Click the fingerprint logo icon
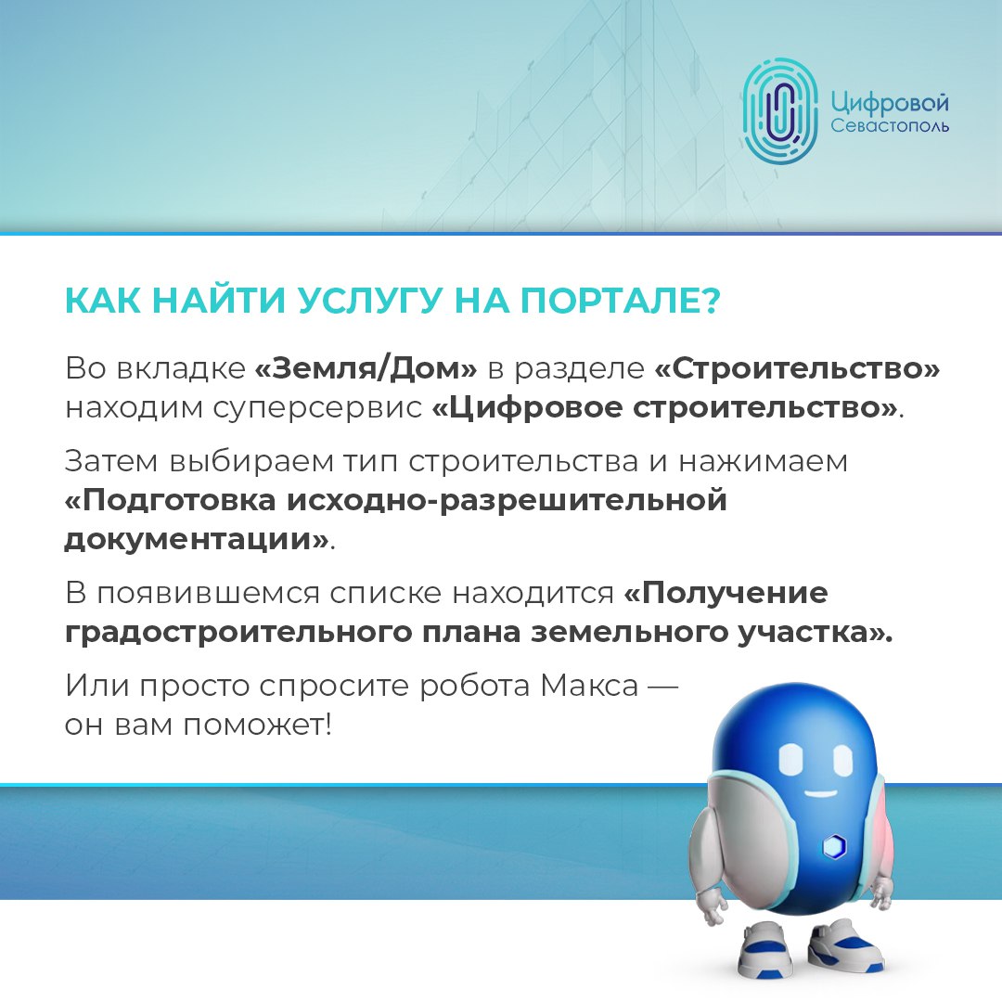point(780,110)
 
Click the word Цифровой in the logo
point(890,102)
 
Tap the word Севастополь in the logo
point(890,126)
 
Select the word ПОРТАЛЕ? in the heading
point(620,300)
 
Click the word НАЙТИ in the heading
point(219,300)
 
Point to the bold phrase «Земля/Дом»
point(366,368)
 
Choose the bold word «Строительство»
point(798,368)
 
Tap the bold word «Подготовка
point(171,500)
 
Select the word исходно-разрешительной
point(507,500)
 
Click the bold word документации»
point(197,539)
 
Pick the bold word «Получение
point(726,593)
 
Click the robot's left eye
point(790,760)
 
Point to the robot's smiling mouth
point(820,793)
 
